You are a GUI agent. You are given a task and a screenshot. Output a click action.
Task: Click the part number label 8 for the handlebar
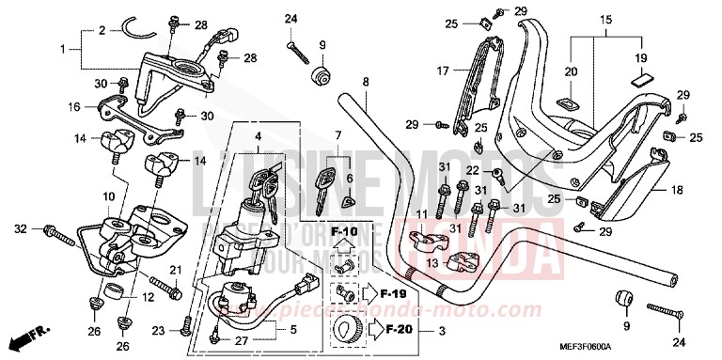[364, 83]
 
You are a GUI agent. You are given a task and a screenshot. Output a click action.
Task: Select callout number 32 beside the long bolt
[19, 228]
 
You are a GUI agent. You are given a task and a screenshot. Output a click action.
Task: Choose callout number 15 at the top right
[605, 18]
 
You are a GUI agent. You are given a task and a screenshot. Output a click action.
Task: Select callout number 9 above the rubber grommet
[322, 44]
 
